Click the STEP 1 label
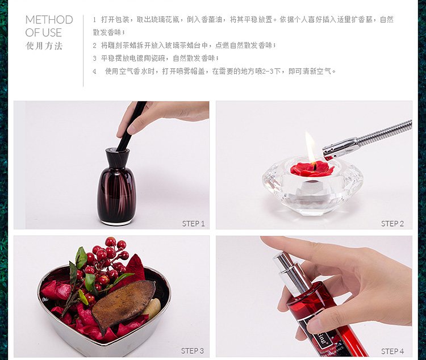pyautogui.click(x=193, y=224)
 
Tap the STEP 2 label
pyautogui.click(x=392, y=224)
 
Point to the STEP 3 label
pyautogui.click(x=193, y=351)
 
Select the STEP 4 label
pyautogui.click(x=392, y=351)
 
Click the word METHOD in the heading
pyautogui.click(x=49, y=20)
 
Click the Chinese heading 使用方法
pyautogui.click(x=44, y=45)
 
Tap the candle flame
pyautogui.click(x=310, y=146)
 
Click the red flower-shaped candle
pyautogui.click(x=312, y=169)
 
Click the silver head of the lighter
pyautogui.click(x=341, y=149)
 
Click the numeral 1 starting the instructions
pyautogui.click(x=94, y=20)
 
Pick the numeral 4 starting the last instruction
pyautogui.click(x=94, y=72)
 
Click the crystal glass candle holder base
pyautogui.click(x=312, y=187)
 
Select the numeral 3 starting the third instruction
pyautogui.click(x=94, y=58)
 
